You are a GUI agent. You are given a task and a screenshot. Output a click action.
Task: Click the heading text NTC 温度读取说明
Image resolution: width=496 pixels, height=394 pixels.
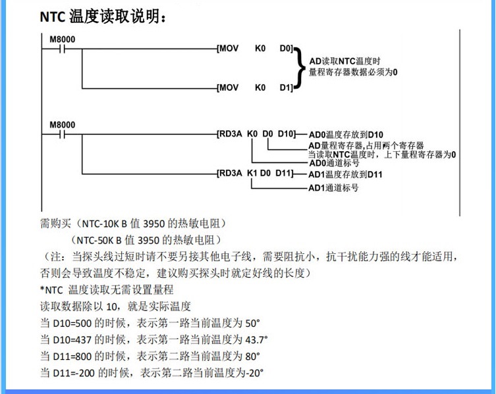pyautogui.click(x=103, y=17)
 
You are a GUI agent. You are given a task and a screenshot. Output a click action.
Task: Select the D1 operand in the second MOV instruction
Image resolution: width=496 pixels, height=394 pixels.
pyautogui.click(x=285, y=87)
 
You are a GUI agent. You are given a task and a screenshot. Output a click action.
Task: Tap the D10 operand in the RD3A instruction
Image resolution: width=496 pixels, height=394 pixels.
pyautogui.click(x=285, y=134)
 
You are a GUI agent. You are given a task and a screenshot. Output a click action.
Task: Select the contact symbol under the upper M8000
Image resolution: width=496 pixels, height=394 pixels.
pyautogui.click(x=61, y=49)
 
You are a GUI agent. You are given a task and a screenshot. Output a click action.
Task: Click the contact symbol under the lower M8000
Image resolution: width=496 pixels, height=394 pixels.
pyautogui.click(x=61, y=135)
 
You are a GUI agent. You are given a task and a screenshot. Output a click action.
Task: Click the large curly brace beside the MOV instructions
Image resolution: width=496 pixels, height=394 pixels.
pyautogui.click(x=300, y=67)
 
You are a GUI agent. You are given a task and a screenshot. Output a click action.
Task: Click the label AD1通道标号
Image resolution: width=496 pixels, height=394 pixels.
pyautogui.click(x=333, y=187)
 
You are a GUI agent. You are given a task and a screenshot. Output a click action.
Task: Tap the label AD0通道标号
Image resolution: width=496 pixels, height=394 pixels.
pyautogui.click(x=333, y=162)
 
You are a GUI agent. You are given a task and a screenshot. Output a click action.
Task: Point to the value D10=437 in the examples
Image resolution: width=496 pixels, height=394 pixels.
pyautogui.click(x=72, y=339)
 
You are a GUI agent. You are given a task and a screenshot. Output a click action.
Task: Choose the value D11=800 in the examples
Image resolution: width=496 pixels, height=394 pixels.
pyautogui.click(x=72, y=356)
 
